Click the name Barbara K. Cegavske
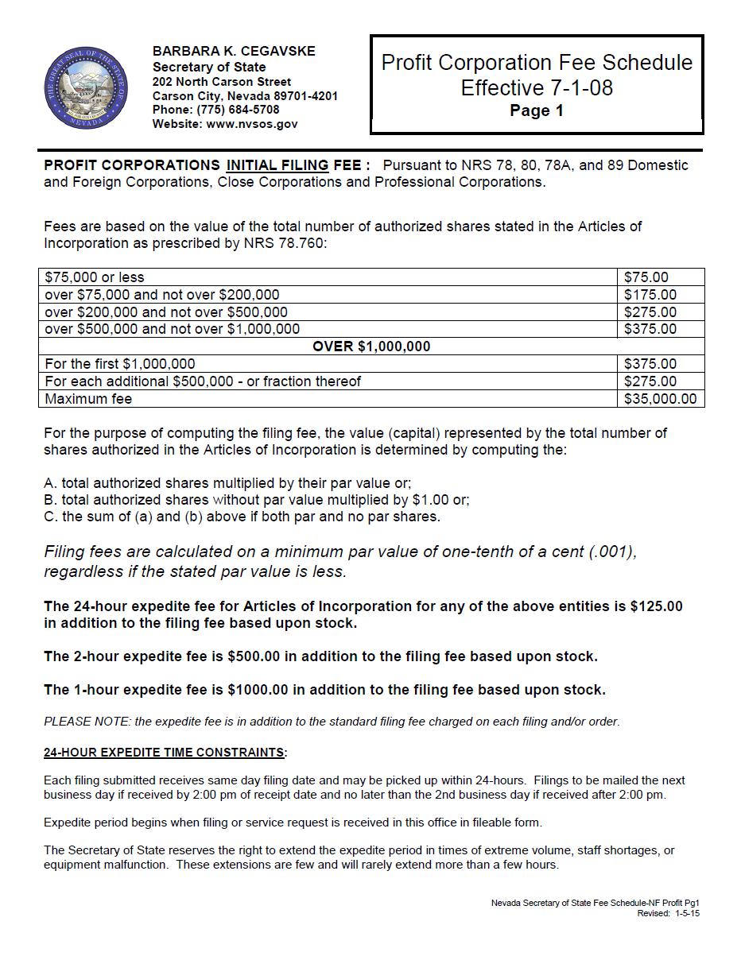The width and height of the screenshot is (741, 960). pyautogui.click(x=234, y=51)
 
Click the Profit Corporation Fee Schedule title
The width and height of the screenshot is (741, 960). pyautogui.click(x=537, y=63)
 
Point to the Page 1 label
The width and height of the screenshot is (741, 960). pyautogui.click(x=537, y=111)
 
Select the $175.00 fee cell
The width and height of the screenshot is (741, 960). pyautogui.click(x=650, y=295)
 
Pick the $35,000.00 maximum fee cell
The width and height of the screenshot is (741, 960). pyautogui.click(x=660, y=399)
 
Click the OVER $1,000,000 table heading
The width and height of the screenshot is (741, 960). pyautogui.click(x=371, y=346)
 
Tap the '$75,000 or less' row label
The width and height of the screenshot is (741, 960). pyautogui.click(x=95, y=277)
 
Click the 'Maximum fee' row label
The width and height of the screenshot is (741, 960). pyautogui.click(x=88, y=399)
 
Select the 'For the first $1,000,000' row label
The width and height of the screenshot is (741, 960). pyautogui.click(x=120, y=364)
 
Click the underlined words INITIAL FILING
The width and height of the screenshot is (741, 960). pyautogui.click(x=277, y=165)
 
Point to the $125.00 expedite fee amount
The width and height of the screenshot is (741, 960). pyautogui.click(x=656, y=606)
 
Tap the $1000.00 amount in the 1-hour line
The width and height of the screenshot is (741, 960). pyautogui.click(x=258, y=690)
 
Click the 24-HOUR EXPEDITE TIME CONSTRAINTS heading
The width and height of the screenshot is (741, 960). pyautogui.click(x=165, y=752)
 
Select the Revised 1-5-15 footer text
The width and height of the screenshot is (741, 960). pyautogui.click(x=668, y=914)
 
